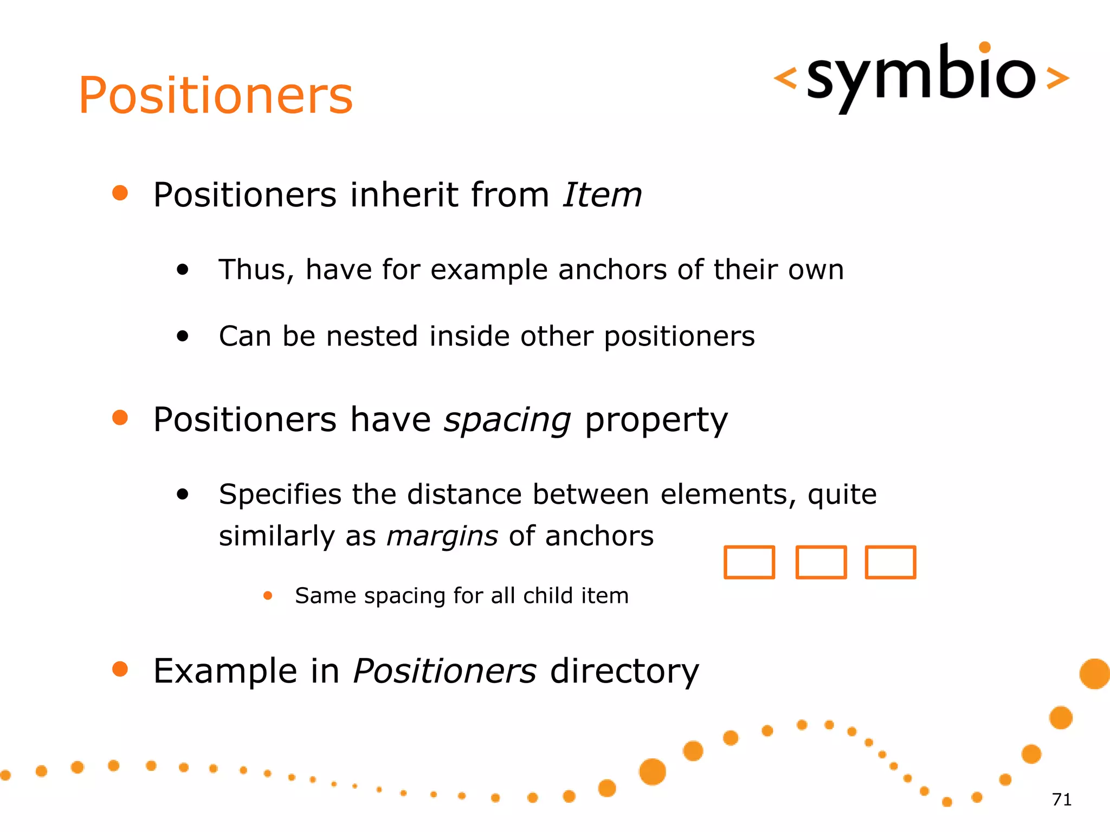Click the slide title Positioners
click(x=215, y=96)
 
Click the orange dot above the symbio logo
click(x=985, y=48)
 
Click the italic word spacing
click(x=507, y=420)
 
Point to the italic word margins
click(x=442, y=536)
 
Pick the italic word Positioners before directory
click(x=444, y=671)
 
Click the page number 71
click(x=1061, y=799)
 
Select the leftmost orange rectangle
click(x=749, y=562)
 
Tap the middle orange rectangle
click(x=821, y=562)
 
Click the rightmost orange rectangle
click(x=890, y=562)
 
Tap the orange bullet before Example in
click(x=120, y=669)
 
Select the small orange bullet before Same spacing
click(x=267, y=596)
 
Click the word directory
click(x=624, y=671)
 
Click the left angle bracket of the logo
click(x=785, y=78)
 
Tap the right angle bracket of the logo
click(x=1057, y=78)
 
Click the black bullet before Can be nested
click(x=183, y=336)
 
